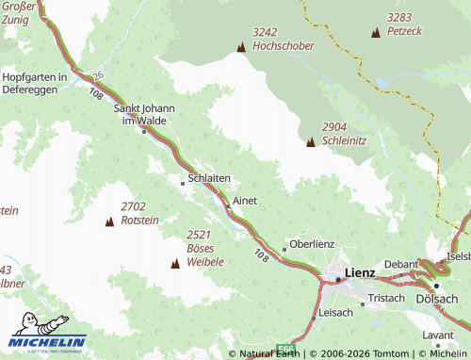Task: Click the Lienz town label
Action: tap(361, 273)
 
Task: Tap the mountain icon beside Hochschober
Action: tap(241, 46)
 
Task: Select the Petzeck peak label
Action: tap(404, 31)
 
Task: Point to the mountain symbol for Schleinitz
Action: tap(311, 142)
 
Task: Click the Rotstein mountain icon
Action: tap(109, 221)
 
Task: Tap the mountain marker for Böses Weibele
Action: tap(174, 263)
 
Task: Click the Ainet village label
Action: tap(245, 201)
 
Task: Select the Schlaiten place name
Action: tap(209, 177)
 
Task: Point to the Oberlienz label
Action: tap(312, 243)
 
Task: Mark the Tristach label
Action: tap(386, 298)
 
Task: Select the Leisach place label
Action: tap(335, 312)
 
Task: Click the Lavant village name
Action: tap(438, 335)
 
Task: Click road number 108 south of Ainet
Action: tap(260, 254)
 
